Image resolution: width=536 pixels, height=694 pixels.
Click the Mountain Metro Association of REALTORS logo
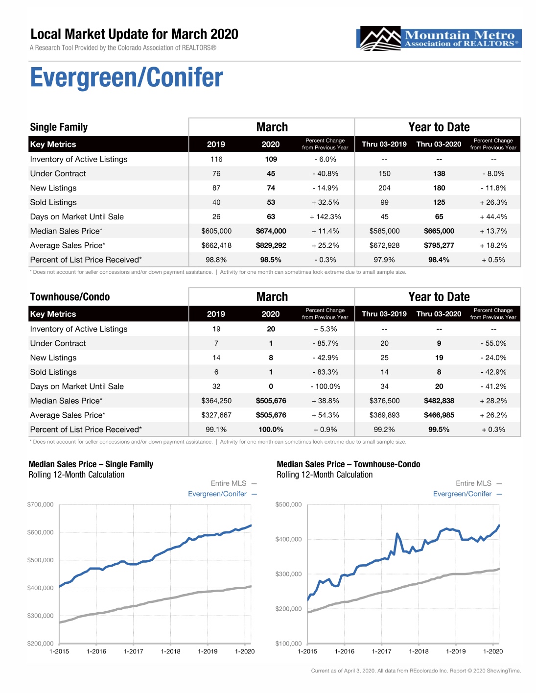point(439,38)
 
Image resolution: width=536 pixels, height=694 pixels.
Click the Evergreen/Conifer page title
point(127,77)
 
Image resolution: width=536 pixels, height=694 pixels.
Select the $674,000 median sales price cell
point(271,231)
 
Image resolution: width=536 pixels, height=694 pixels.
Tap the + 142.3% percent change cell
point(325,216)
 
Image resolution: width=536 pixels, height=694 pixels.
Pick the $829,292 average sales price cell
point(271,245)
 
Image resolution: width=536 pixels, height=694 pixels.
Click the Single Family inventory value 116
point(216,159)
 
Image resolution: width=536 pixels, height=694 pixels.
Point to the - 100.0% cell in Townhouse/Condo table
point(325,386)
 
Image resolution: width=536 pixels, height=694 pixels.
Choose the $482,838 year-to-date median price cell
point(439,401)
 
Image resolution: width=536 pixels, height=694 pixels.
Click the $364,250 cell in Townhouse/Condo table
point(216,401)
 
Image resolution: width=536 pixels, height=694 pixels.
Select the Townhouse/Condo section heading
point(70,297)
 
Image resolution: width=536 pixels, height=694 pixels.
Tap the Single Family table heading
point(59,127)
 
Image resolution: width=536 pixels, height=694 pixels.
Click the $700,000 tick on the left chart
point(40,504)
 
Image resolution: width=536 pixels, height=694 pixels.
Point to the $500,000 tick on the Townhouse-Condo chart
point(288,504)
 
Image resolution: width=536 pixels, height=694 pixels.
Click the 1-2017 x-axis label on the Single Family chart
point(133,651)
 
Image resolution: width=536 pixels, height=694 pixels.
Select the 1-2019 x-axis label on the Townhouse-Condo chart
point(456,651)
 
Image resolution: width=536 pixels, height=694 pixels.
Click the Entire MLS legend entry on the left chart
point(234,483)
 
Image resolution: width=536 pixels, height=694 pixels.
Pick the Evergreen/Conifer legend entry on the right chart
point(467,494)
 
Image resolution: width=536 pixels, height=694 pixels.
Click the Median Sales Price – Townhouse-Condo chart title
point(349,464)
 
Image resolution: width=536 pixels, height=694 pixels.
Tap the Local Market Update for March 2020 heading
point(134,34)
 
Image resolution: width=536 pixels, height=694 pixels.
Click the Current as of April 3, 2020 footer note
point(416,670)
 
